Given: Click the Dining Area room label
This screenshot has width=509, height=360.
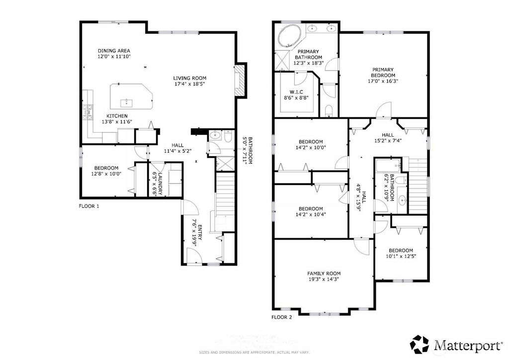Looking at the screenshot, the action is pos(114,51).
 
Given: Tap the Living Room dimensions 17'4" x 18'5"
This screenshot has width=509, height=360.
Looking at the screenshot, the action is pos(189,84).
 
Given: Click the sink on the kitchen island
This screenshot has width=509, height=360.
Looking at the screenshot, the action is pos(126,103).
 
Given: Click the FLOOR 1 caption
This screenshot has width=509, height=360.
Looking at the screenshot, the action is pos(89,206).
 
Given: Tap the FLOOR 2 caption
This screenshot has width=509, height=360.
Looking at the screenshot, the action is pos(282,317).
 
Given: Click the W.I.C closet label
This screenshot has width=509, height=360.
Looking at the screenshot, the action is pos(296,92).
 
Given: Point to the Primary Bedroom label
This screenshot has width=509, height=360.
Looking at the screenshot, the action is pos(383,73).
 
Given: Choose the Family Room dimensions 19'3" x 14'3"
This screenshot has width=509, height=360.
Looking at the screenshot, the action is pos(324,279).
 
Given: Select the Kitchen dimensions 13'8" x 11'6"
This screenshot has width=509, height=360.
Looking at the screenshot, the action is pos(117,122).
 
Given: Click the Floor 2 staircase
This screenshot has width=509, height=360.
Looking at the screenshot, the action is pos(418,185).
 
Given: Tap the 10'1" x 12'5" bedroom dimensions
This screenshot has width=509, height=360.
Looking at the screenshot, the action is pos(401,256).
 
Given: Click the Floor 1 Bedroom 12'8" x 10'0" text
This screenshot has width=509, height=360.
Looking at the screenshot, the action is pos(106,171).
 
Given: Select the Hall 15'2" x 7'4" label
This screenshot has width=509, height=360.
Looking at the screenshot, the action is pos(388,138).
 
